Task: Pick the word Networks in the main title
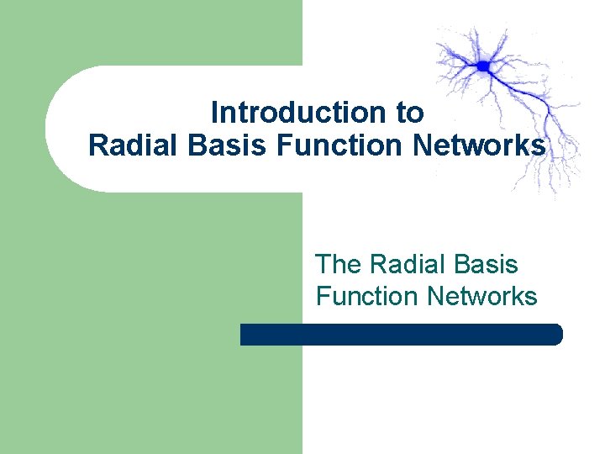point(479,145)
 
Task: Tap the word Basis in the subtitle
point(488,265)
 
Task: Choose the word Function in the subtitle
point(366,296)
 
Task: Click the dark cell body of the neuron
point(484,65)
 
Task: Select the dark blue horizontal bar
point(401,335)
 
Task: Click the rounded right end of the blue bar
point(555,335)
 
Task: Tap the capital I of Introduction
point(214,112)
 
